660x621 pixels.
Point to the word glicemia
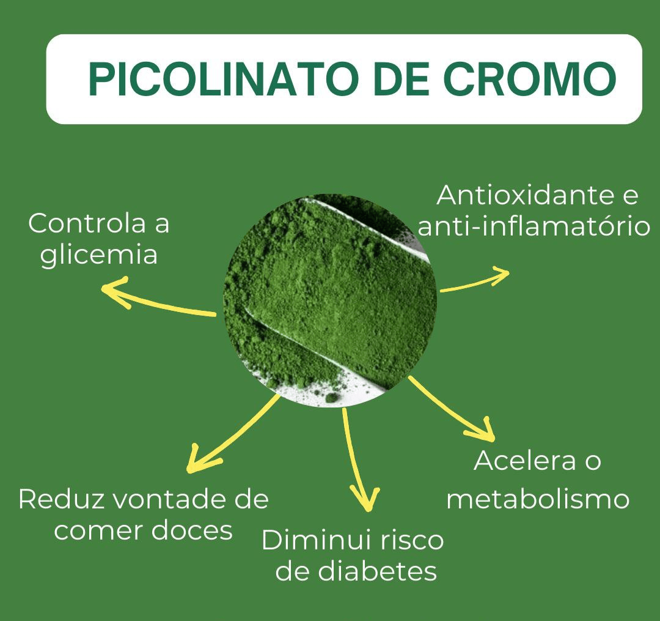99,255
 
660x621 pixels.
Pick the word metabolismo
538,499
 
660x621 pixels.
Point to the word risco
411,541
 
